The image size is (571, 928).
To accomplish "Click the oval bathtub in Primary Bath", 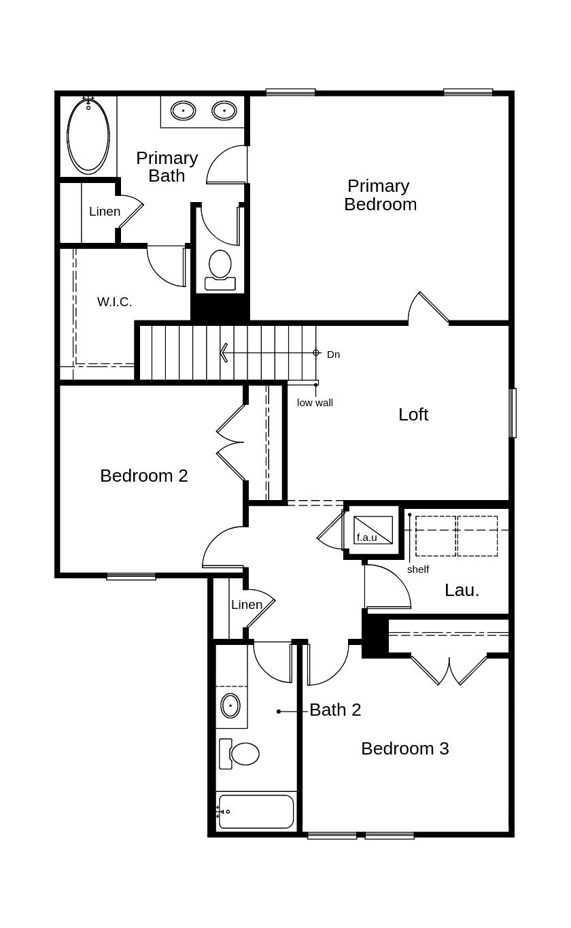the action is (x=88, y=137).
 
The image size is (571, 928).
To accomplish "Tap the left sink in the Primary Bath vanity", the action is (x=183, y=111).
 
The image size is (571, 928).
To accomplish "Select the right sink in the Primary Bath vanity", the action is (x=224, y=111).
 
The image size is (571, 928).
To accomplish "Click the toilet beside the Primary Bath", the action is (x=220, y=270).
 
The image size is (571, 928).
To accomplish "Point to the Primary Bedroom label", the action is (x=380, y=195).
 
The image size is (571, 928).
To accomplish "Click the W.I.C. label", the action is (x=114, y=301).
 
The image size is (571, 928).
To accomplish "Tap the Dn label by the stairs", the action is (x=333, y=354).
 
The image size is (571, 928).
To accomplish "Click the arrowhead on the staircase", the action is (x=224, y=353).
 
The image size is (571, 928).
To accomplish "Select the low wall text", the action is (x=315, y=403).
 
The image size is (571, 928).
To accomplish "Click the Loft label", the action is (x=413, y=414).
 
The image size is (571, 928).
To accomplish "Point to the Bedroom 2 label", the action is (x=143, y=476).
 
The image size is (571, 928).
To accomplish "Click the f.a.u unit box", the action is (x=373, y=530).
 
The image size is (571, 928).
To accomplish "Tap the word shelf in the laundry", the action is (x=418, y=569).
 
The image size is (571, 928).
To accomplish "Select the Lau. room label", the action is (x=462, y=591).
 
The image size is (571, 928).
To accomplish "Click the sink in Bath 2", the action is (x=230, y=706).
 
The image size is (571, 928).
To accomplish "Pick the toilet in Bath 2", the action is (x=239, y=754).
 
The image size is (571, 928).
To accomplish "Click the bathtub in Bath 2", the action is (x=256, y=812).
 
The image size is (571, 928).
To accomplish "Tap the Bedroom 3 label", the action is (x=405, y=748).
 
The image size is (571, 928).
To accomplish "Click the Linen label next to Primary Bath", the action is (x=105, y=212).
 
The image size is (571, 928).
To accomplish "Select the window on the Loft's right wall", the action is (x=513, y=412).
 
